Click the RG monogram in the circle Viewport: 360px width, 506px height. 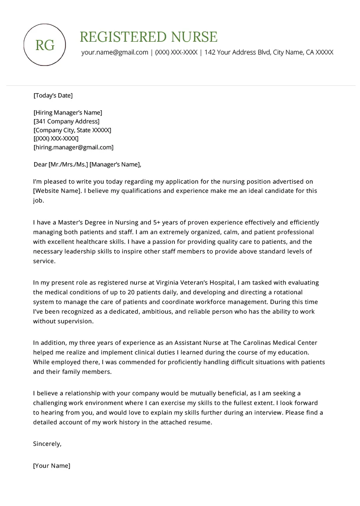[45, 45]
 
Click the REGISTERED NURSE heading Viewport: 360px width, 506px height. [148, 37]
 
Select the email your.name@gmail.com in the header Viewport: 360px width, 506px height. [115, 52]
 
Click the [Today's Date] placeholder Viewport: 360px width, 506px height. [53, 95]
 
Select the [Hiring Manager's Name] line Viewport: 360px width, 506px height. [68, 112]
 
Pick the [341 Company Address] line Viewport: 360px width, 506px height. [66, 121]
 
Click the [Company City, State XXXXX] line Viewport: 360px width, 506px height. [72, 130]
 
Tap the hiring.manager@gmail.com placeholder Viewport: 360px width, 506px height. [73, 148]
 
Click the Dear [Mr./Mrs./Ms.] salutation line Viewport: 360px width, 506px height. [87, 165]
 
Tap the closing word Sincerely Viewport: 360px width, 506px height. [47, 444]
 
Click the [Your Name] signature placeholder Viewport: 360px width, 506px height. [52, 466]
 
